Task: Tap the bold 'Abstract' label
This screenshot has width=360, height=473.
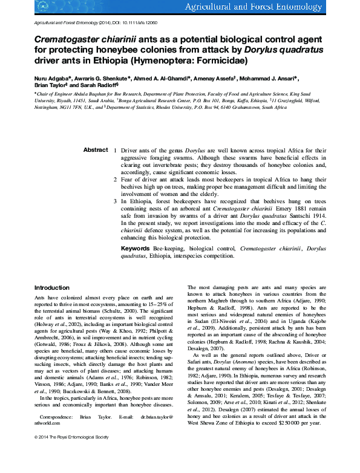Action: tap(96, 150)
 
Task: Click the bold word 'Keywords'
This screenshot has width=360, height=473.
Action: tap(136, 249)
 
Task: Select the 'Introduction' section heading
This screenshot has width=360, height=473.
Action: tap(52, 288)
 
